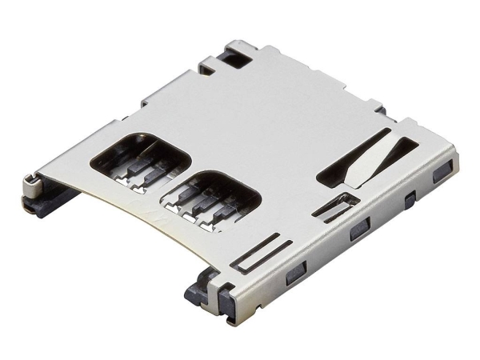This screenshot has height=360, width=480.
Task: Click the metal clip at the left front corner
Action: tap(30, 187)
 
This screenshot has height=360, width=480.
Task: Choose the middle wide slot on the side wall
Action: tap(357, 233)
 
